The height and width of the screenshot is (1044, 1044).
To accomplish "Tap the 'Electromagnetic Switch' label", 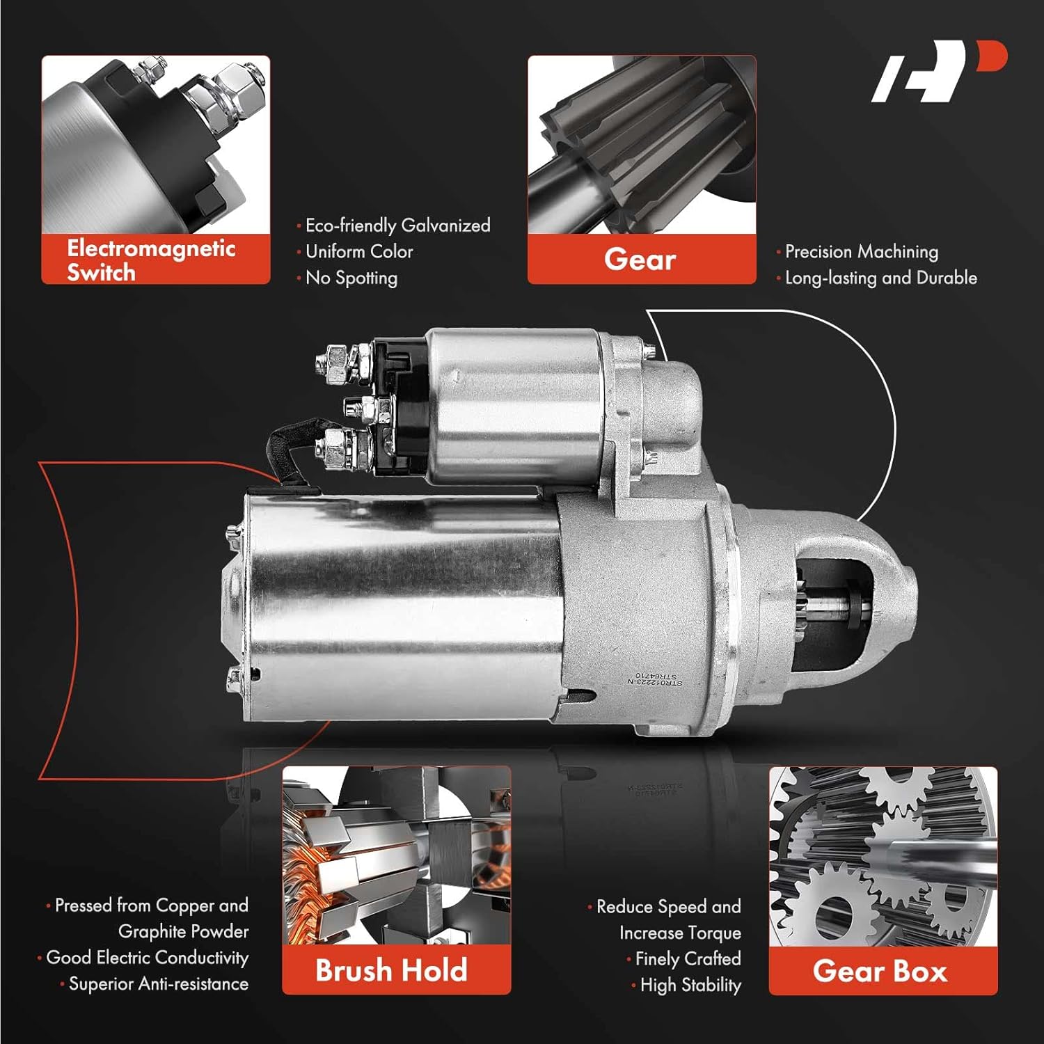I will coord(151,260).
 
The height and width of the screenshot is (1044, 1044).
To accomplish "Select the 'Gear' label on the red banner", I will coord(640,260).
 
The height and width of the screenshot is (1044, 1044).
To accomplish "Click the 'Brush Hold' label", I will coord(390,970).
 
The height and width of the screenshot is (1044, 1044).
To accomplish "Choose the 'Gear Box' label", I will coord(880,971).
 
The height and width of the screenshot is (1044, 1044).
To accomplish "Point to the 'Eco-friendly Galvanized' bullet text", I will coord(397,226).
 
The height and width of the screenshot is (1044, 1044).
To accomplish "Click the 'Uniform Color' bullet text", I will coord(359,251).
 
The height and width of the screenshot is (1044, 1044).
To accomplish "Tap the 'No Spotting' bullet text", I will coord(351,278).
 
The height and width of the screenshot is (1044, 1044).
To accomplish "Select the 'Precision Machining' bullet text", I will coord(861,251).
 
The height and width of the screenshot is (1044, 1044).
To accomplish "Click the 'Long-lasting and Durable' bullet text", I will coord(880,278).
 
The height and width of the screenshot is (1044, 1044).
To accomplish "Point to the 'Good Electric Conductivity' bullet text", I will coord(147,958).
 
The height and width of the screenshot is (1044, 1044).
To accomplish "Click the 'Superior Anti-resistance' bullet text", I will coord(158,984).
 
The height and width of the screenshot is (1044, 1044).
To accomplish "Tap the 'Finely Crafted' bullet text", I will coord(688,959).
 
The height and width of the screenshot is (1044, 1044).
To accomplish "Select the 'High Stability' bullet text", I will coord(690,986).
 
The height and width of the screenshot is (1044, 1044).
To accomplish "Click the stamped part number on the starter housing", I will coord(655,679).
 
